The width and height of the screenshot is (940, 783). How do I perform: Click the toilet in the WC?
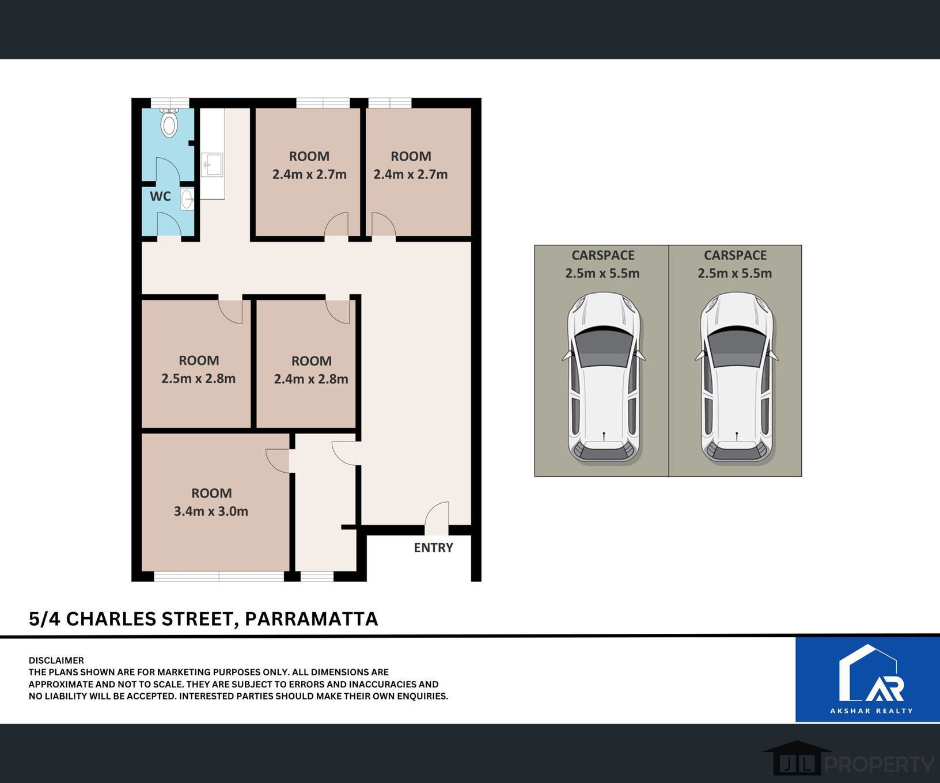(x=169, y=124)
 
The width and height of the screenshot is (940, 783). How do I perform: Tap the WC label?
(x=160, y=196)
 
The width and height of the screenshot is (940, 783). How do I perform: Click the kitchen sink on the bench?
(x=211, y=165)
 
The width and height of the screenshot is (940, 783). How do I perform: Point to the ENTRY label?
(x=433, y=548)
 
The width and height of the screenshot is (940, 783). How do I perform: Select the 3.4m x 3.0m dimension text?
(x=211, y=511)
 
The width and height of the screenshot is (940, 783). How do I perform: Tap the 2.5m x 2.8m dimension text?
(x=198, y=379)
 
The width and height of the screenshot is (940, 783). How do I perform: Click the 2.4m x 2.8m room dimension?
(x=311, y=379)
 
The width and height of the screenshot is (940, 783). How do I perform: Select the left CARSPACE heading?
(x=602, y=255)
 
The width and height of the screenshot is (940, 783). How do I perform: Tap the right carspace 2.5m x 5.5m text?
(x=734, y=273)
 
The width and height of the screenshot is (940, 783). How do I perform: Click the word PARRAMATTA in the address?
(x=311, y=619)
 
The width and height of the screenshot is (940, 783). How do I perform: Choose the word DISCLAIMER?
(x=56, y=660)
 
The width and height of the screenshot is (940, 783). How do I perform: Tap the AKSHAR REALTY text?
(x=871, y=710)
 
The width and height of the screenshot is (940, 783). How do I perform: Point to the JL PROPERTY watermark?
(x=852, y=764)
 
